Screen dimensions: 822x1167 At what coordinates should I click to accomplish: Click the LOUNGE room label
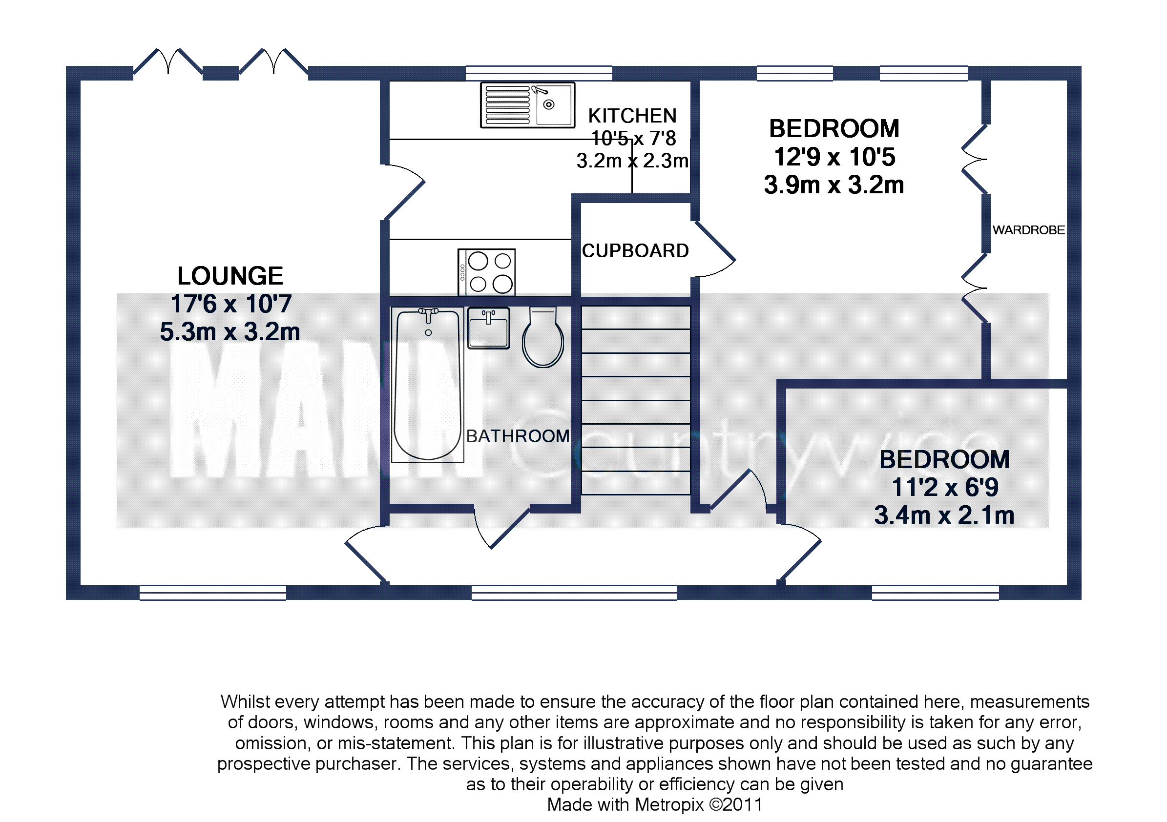(x=230, y=276)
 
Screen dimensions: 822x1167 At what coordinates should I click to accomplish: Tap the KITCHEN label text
(x=632, y=116)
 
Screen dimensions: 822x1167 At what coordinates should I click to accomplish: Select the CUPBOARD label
(x=635, y=251)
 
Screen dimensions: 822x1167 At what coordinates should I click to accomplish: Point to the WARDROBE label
(x=1028, y=230)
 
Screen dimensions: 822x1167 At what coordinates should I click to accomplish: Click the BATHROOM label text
(x=518, y=436)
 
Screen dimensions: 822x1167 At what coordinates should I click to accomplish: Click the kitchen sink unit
(x=527, y=104)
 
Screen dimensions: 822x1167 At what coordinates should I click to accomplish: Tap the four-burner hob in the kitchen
(x=486, y=272)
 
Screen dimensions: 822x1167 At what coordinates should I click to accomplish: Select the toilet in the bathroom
(x=543, y=337)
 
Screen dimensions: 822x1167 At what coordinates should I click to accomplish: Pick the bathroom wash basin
(x=488, y=328)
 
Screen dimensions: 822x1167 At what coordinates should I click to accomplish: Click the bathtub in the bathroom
(x=427, y=385)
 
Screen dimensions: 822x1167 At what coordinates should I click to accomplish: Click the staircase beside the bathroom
(x=635, y=400)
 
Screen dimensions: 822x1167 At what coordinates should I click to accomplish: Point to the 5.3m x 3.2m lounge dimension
(x=230, y=332)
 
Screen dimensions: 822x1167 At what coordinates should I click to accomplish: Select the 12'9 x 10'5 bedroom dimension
(x=834, y=157)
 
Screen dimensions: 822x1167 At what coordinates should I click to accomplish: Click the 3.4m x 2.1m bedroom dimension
(x=944, y=515)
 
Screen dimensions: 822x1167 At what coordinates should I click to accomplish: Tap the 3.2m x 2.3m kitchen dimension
(x=632, y=161)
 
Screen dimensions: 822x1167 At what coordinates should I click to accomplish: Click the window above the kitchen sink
(x=539, y=73)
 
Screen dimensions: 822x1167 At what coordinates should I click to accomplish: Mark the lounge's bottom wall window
(x=212, y=593)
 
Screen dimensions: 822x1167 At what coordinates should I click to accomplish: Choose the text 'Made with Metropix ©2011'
(x=655, y=805)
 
